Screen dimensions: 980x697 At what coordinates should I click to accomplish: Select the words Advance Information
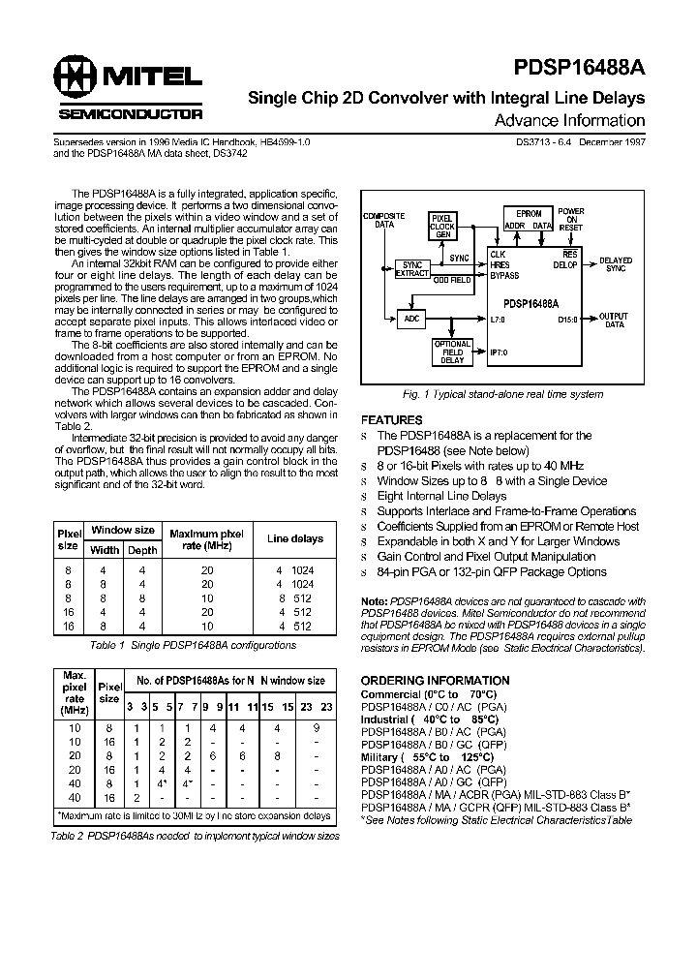tap(569, 121)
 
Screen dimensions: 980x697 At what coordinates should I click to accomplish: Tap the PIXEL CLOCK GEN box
tap(442, 225)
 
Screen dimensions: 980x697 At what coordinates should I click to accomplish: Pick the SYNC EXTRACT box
tap(412, 269)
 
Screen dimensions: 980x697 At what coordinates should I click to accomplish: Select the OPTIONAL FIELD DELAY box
tap(451, 352)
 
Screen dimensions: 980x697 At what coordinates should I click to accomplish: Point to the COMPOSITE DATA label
tap(383, 220)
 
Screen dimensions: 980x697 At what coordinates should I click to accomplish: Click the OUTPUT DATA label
tap(614, 321)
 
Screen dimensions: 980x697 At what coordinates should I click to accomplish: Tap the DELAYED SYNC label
tap(616, 264)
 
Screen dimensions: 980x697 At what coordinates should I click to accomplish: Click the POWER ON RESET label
tap(571, 220)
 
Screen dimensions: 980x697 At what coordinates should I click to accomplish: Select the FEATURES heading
tap(392, 420)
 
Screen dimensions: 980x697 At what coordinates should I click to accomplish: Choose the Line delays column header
tap(295, 538)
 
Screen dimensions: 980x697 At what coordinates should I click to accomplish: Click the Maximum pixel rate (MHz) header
tap(206, 538)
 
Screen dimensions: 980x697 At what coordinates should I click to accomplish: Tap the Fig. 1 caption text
tap(502, 395)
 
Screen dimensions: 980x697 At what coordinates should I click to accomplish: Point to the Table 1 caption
tap(193, 645)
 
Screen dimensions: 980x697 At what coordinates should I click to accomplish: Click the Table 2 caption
tap(195, 835)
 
